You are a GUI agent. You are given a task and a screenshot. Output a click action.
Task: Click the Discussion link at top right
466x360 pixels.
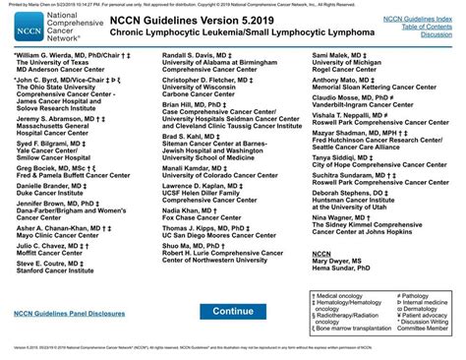pyautogui.click(x=436, y=34)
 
